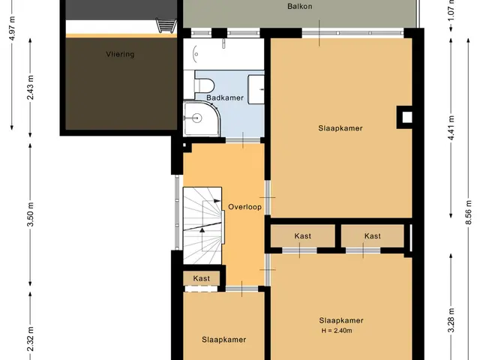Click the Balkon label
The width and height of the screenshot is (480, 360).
coord(300,6)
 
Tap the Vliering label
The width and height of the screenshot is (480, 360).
coord(120,54)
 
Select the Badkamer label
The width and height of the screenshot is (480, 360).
coord(225,97)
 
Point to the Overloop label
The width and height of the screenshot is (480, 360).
coord(245,207)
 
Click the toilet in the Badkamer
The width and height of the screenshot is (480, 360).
coord(204,85)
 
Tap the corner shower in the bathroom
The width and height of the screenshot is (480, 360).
coord(202,118)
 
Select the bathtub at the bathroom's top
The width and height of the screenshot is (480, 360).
coord(223,54)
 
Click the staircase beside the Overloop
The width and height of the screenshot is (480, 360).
coord(202,225)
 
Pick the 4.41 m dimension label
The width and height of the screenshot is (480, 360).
coord(451,128)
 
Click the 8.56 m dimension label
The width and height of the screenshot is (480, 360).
coord(468,212)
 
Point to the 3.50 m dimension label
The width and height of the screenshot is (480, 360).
coord(30,214)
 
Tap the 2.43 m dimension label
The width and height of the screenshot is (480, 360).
coord(30,87)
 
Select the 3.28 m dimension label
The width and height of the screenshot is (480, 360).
coord(451,320)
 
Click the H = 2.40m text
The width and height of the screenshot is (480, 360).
coord(337,331)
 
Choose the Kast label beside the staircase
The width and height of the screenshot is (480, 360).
coord(202,278)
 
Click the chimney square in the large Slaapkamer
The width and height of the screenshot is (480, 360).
coord(406,117)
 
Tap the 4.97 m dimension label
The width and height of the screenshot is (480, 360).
coord(12,28)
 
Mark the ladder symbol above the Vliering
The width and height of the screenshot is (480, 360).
coord(166,25)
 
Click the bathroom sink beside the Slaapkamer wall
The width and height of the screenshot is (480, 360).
coord(256,89)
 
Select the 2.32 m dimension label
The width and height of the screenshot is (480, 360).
coord(30,339)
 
